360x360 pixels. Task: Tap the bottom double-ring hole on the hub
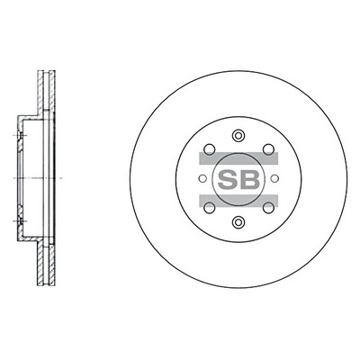(x=238, y=221)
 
